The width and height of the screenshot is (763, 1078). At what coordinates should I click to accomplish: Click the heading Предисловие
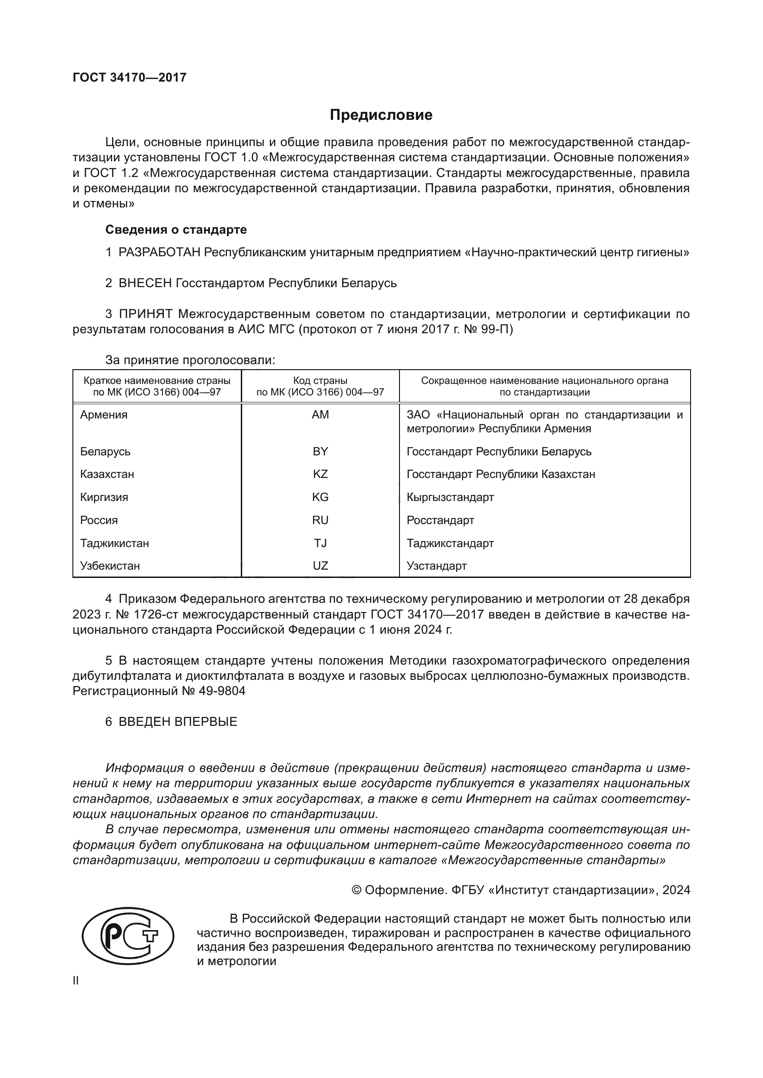pyautogui.click(x=381, y=115)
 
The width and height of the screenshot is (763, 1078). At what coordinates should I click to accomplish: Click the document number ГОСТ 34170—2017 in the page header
pyautogui.click(x=130, y=77)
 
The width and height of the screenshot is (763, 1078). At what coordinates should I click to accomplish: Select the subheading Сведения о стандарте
pyautogui.click(x=176, y=230)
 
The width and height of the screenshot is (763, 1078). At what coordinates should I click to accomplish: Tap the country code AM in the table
pyautogui.click(x=320, y=415)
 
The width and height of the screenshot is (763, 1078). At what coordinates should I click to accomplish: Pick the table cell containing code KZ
pyautogui.click(x=320, y=474)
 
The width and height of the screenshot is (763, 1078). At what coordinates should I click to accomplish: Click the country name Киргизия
pyautogui.click(x=104, y=497)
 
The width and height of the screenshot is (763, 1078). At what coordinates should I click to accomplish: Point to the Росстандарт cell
pyautogui.click(x=440, y=520)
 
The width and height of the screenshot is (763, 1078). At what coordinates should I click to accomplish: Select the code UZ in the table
pyautogui.click(x=320, y=566)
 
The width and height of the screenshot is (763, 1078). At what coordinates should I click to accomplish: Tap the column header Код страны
pyautogui.click(x=320, y=381)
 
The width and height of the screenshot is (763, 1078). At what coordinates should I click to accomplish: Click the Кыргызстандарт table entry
pyautogui.click(x=450, y=497)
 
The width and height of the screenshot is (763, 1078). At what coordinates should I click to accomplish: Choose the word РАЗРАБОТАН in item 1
pyautogui.click(x=159, y=253)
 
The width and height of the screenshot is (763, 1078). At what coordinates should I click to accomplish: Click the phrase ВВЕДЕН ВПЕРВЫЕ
pyautogui.click(x=178, y=722)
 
